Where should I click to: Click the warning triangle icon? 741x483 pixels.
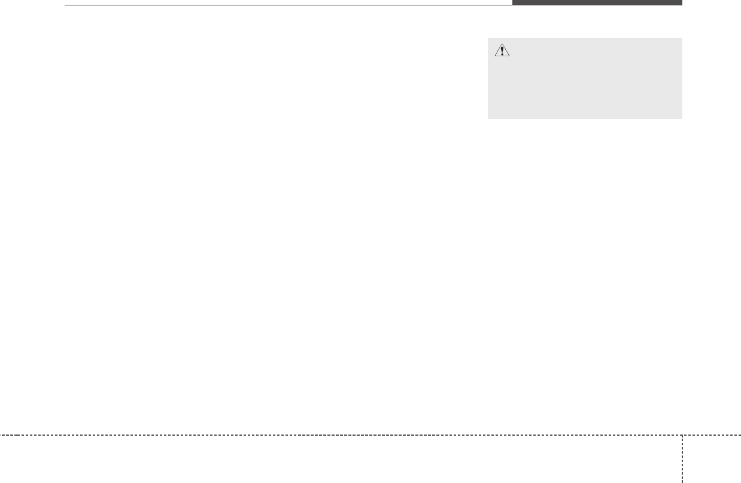pos(502,51)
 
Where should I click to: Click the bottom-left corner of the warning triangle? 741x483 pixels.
pos(494,57)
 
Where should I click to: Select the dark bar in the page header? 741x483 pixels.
pos(597,2)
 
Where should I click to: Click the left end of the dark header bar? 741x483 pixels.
pos(513,2)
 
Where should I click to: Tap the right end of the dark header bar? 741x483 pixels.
pos(681,2)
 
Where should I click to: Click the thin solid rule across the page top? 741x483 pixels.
pos(287,5)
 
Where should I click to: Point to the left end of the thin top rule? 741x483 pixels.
pos(65,5)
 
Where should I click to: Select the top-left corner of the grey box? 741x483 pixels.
pos(488,38)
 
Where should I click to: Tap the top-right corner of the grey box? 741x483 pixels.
pos(682,38)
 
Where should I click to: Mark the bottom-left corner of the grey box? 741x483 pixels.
pos(488,119)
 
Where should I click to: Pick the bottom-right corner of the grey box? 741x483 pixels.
pos(682,119)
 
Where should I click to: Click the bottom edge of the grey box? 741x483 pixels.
pos(585,119)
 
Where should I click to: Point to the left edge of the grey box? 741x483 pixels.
pos(488,78)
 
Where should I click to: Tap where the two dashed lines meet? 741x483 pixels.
pos(682,435)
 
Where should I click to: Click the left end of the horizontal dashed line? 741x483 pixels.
pos(1,435)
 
